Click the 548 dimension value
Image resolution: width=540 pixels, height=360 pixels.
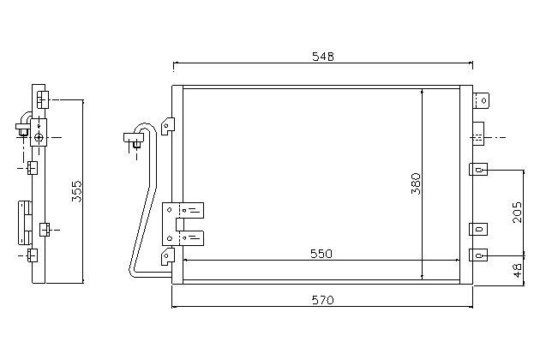322,57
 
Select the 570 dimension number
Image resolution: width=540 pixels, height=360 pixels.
322,300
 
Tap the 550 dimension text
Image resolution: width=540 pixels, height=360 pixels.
321,254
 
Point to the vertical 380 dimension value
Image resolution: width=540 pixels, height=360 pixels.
416,183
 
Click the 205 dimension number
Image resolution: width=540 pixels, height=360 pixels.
517,212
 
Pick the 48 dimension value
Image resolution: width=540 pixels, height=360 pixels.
517,271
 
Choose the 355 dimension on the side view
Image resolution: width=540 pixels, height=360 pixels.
77,191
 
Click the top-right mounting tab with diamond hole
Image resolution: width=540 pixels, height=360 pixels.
481,100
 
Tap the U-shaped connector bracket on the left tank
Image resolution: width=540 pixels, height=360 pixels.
183,225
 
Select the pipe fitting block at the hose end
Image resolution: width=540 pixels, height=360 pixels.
133,137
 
